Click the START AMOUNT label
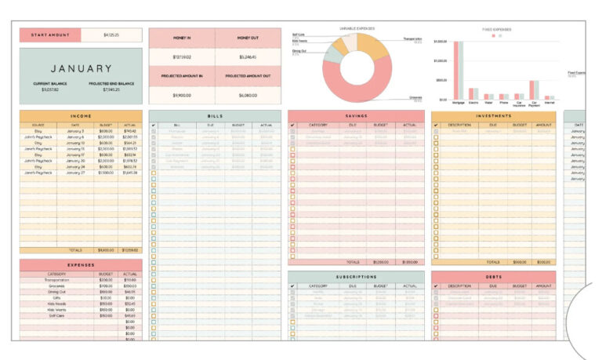coord(49,35)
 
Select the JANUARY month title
coord(82,69)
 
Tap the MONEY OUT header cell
coord(247,38)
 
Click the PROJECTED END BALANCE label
coord(111,83)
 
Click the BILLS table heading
coord(215,116)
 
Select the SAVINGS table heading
coord(356,116)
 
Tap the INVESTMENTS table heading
coord(493,116)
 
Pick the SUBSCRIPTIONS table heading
coord(356,277)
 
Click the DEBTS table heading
coord(493,277)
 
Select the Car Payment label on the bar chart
coord(534,104)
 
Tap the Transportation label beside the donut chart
coord(412,38)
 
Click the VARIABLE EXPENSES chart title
coord(356,28)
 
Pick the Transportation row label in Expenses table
coord(56,280)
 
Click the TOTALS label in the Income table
coord(75,250)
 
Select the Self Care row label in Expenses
coord(56,315)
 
